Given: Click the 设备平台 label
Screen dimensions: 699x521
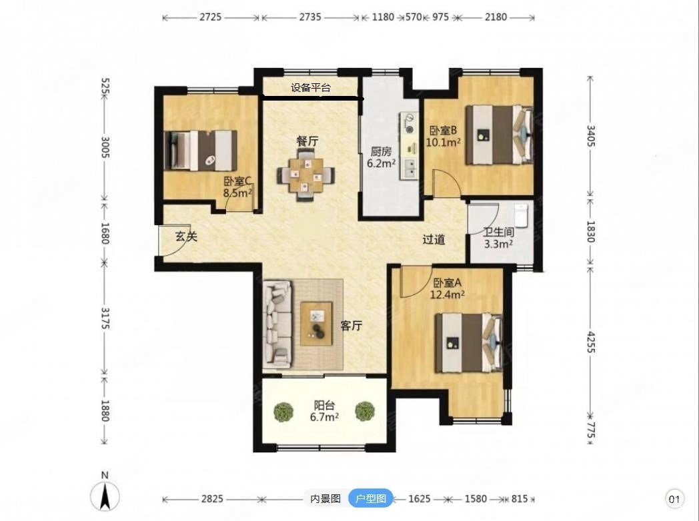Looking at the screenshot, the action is [311, 88].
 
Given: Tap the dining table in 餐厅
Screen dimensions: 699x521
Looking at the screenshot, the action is [305, 175].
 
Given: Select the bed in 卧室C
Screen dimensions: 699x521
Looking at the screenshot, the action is [201, 151].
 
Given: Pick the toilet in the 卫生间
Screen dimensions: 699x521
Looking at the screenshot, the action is [521, 215].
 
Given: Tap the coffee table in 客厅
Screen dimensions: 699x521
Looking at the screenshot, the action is [317, 324].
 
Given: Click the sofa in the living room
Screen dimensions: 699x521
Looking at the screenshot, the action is [277, 324].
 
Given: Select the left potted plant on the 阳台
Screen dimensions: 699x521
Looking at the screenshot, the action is [283, 412].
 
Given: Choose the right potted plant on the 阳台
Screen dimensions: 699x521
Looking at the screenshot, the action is [365, 411].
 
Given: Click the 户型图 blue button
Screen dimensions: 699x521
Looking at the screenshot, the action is [370, 498].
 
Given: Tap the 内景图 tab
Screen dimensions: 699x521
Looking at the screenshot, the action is [325, 498].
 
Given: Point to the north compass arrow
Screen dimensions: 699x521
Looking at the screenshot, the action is [105, 496].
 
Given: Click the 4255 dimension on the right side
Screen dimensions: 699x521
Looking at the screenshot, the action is [590, 342].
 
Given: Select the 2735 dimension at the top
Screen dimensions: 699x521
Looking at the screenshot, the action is [310, 17].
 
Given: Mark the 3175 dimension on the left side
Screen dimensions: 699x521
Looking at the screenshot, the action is [105, 318].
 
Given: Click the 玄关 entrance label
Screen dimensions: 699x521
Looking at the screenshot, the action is [186, 236].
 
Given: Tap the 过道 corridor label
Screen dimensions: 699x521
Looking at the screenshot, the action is [434, 240].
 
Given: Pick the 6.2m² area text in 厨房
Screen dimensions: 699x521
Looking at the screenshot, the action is [381, 163].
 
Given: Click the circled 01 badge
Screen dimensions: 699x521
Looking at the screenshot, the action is [674, 499].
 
